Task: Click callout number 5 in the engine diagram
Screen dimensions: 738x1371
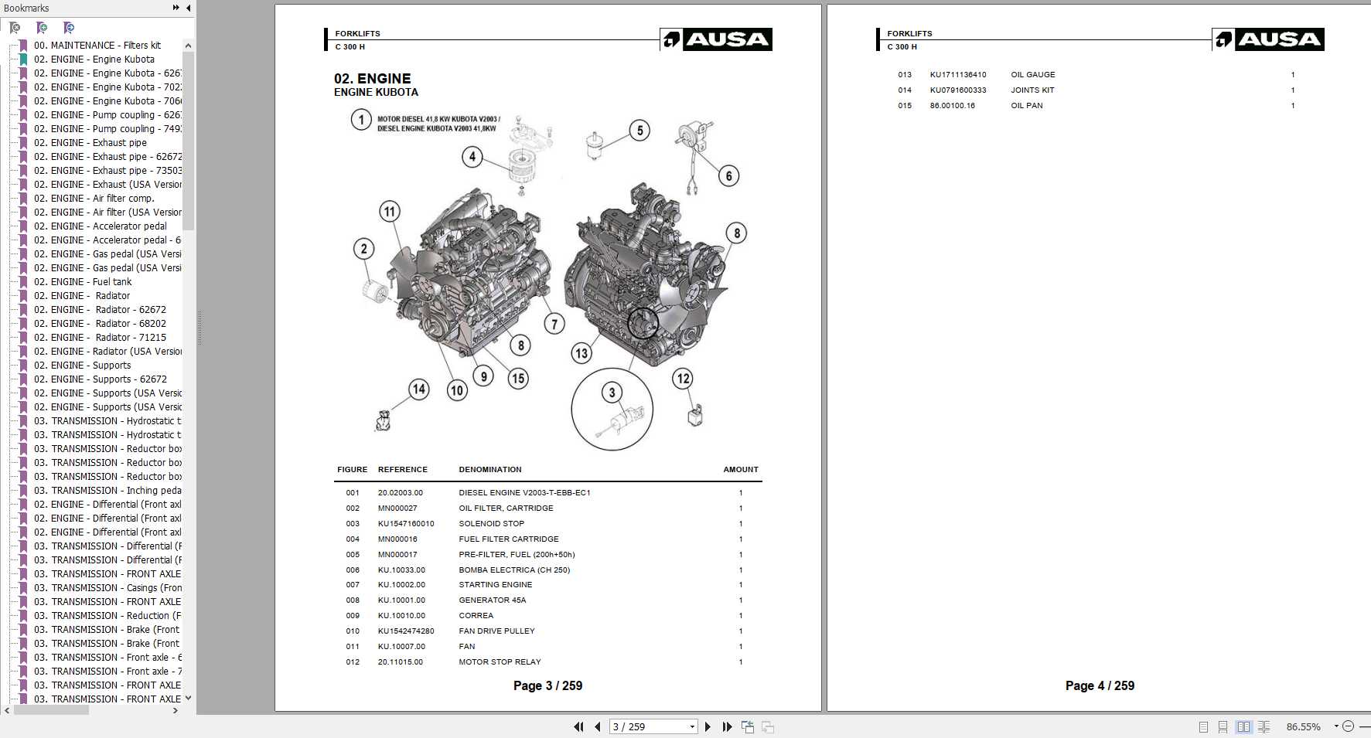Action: point(639,131)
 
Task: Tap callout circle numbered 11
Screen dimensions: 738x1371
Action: point(390,211)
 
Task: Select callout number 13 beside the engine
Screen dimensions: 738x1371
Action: point(581,353)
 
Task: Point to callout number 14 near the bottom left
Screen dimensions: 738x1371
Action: point(418,389)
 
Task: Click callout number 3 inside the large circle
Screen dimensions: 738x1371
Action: point(612,393)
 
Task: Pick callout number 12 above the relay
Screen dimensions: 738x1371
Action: point(683,378)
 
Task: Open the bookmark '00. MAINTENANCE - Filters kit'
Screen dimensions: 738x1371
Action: point(97,46)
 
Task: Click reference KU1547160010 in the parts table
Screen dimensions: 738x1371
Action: point(406,523)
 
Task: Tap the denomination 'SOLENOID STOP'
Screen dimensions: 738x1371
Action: point(491,523)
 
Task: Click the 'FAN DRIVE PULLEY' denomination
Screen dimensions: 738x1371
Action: point(496,631)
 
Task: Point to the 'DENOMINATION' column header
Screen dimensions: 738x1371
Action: point(489,469)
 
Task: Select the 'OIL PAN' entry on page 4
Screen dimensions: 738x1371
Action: point(1026,105)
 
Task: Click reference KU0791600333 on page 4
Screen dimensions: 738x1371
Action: point(957,90)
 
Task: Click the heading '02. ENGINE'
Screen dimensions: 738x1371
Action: point(372,78)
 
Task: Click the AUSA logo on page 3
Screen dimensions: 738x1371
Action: point(716,39)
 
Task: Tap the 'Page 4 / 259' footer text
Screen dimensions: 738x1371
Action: point(1100,685)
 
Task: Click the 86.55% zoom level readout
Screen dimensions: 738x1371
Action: point(1303,726)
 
